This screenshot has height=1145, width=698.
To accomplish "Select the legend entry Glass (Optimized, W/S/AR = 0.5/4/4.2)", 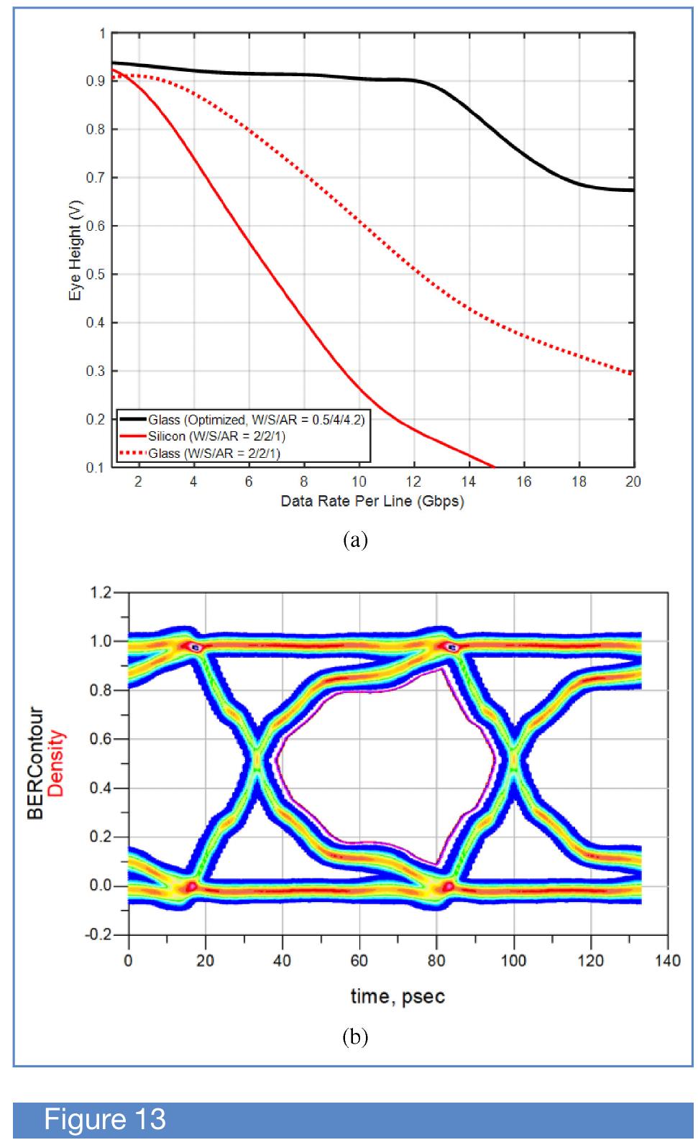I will coord(256,420).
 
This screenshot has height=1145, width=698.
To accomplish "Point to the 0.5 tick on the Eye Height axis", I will coord(96,275).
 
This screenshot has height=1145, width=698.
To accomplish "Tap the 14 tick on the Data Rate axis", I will coord(469,482).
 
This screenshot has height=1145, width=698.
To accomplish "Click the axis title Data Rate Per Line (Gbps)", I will coord(372,502).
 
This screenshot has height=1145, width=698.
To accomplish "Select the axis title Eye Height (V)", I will coord(76,250).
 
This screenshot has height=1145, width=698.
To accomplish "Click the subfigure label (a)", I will coord(356,540).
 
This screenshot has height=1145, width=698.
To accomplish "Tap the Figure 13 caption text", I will coord(105,1120).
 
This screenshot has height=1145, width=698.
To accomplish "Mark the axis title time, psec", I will coord(398,996).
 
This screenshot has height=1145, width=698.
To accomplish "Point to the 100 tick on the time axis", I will coord(513,961).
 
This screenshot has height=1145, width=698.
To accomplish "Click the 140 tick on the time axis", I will coord(667,961).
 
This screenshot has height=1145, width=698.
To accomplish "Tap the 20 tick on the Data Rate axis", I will coord(633,482).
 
